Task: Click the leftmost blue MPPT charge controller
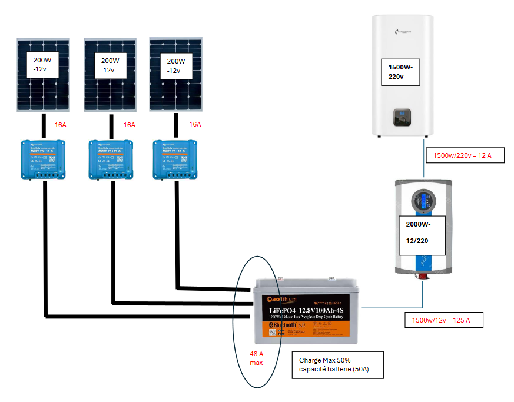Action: coord(43,158)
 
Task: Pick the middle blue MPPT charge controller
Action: coord(111,158)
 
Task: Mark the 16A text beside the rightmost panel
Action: coord(195,124)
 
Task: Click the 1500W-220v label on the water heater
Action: coord(400,71)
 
